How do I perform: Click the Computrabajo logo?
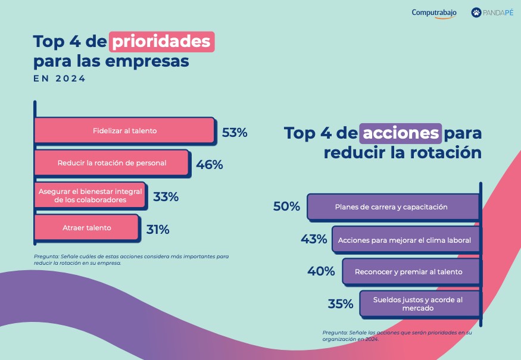434,13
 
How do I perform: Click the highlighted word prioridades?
161,42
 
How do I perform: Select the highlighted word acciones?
401,133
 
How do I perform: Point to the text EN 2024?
60,79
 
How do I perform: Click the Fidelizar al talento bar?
124,130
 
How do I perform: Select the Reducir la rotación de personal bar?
112,162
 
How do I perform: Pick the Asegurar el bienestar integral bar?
89,196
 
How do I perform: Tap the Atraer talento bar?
87,228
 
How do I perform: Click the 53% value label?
234,133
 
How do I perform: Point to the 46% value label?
209,165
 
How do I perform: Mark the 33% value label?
166,197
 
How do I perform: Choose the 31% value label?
157,229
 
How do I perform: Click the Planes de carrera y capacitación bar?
393,207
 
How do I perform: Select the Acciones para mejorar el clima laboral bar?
405,240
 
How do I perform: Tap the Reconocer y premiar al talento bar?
410,272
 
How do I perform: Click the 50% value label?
286,206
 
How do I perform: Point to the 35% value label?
341,304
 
